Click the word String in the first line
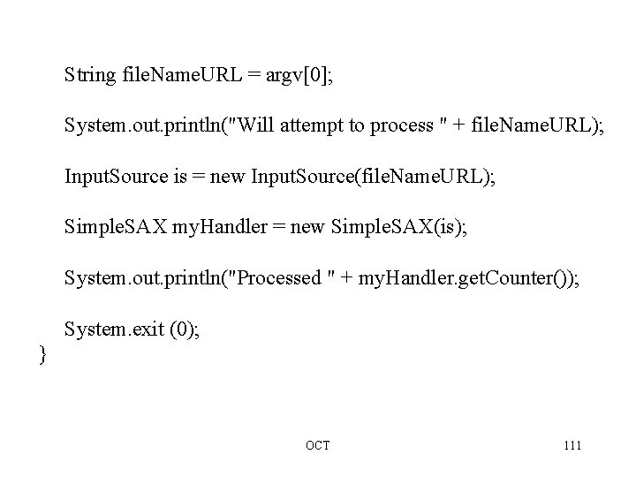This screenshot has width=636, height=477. point(89,76)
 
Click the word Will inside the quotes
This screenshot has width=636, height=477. point(255,126)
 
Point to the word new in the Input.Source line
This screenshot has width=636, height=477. point(228,178)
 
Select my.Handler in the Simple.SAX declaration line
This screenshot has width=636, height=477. point(211,228)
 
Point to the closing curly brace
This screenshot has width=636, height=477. point(42,355)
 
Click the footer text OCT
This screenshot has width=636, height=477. point(317,445)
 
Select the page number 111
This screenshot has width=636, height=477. point(571,445)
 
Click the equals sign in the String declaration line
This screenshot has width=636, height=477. point(254,76)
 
